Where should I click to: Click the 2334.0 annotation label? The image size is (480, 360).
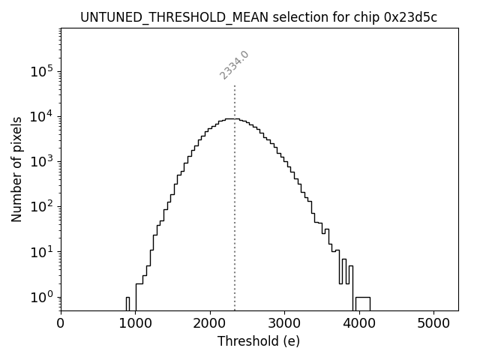234,65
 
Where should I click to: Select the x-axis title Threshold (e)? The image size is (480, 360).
259,341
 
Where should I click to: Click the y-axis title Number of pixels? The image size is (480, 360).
16,169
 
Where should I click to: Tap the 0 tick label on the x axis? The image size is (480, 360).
61,323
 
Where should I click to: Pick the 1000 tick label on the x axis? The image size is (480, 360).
135,323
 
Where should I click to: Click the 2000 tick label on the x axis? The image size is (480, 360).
210,323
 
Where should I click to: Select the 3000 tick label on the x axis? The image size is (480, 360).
284,323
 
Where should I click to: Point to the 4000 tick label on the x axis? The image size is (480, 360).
358,323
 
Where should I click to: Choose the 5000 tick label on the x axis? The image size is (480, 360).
433,323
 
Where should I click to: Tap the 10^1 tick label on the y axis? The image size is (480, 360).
41,251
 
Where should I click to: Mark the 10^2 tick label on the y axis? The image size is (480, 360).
41,206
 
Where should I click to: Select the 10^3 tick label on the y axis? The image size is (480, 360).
41,161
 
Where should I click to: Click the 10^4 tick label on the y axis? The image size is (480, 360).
41,116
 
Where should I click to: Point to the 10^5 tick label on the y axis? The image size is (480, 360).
41,71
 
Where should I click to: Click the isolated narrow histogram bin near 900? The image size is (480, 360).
127,303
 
